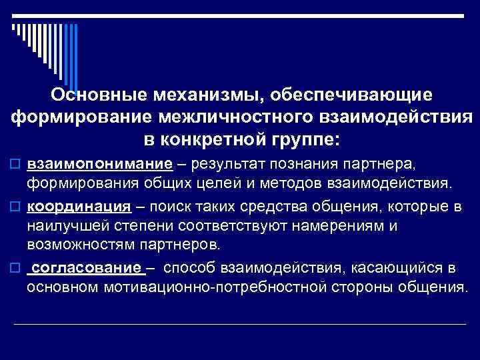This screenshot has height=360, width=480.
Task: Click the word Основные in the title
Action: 97,95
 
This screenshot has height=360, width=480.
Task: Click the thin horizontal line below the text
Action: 240,324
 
